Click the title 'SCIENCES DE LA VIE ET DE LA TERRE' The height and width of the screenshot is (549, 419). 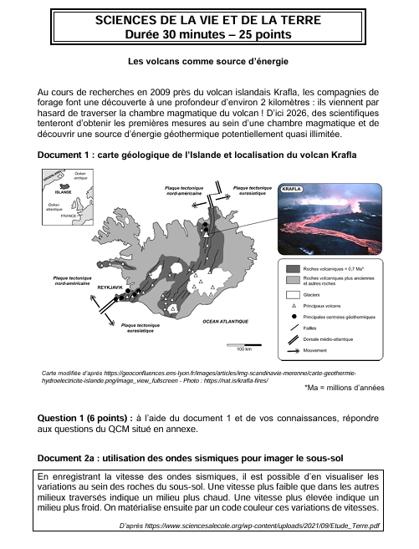tap(208, 21)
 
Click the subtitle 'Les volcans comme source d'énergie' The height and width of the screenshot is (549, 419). tap(208, 61)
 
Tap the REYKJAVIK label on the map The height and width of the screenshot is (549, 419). tap(110, 287)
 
